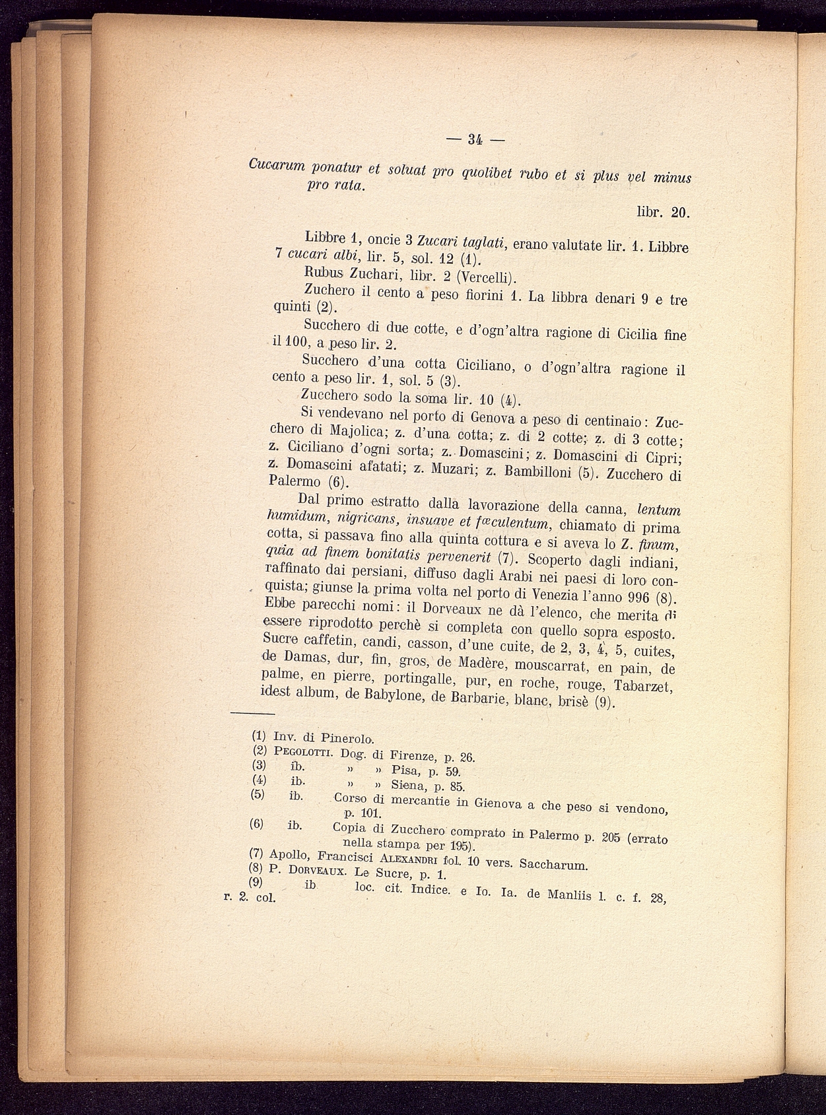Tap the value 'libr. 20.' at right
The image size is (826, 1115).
click(x=662, y=213)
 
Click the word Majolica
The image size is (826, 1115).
click(x=357, y=432)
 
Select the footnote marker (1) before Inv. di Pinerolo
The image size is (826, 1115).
click(x=259, y=735)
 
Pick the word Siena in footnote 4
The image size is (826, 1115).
click(x=408, y=785)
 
